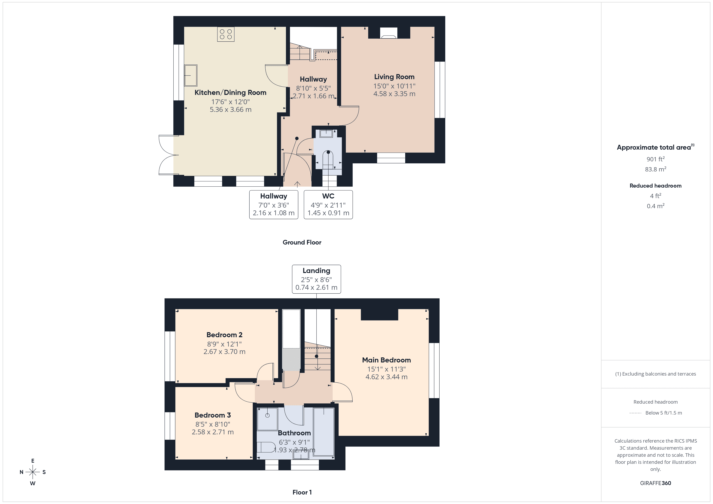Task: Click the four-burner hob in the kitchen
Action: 226,34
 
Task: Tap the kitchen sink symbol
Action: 191,75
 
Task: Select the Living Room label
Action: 394,77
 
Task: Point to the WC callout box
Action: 328,205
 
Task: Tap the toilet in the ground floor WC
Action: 328,160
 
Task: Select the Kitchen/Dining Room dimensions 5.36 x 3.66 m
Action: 230,110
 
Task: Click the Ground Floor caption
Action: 302,242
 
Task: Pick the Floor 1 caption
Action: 302,492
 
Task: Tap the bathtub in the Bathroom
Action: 324,432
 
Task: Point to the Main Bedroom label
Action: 386,360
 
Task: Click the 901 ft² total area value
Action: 655,159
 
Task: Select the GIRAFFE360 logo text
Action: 655,483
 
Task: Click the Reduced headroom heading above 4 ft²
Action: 655,186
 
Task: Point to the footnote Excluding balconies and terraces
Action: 655,374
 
